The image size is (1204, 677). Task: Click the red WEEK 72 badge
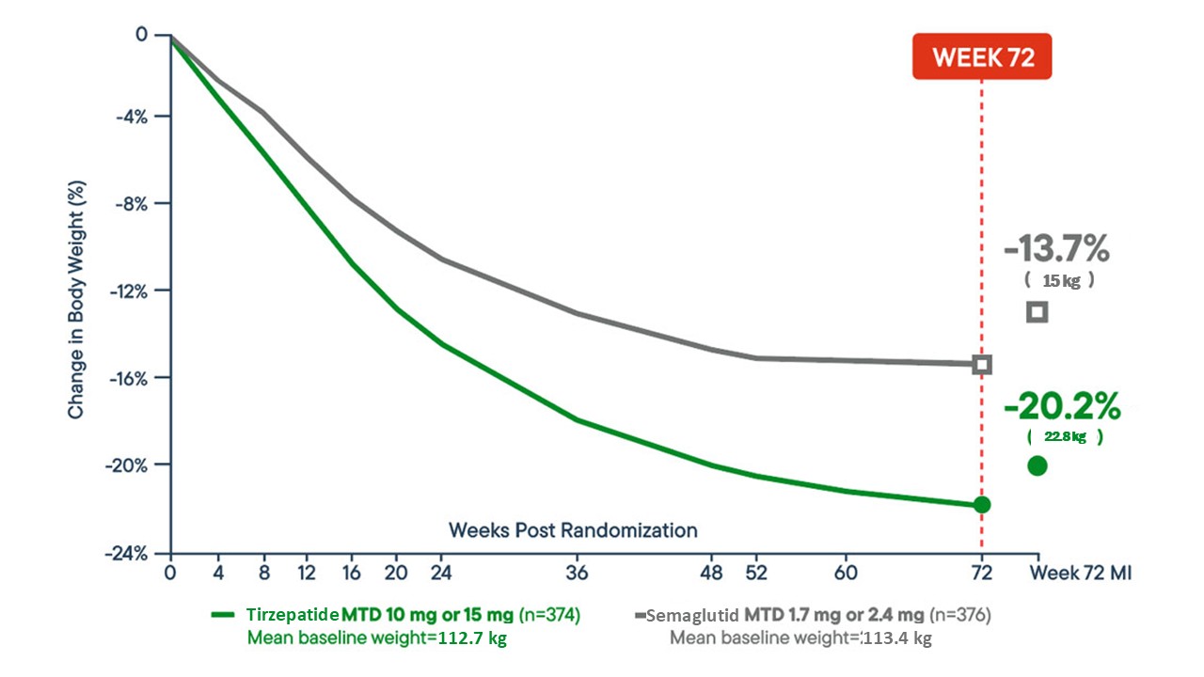(x=982, y=57)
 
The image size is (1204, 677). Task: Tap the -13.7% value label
(x=1056, y=250)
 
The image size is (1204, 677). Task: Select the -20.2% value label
(x=1062, y=407)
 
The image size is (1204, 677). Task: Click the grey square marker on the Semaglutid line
(x=982, y=364)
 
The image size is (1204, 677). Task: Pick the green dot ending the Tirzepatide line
(x=982, y=505)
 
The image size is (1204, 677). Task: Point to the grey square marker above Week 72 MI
(x=1038, y=312)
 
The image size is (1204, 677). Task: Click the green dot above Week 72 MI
(x=1038, y=465)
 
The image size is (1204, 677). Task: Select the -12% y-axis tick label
(x=135, y=291)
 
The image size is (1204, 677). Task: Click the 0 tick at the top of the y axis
(x=142, y=35)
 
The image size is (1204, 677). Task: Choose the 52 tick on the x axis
(x=755, y=573)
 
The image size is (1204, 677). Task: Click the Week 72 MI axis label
(x=1080, y=573)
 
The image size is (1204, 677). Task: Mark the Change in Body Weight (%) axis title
(x=76, y=294)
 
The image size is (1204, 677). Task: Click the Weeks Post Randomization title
(x=573, y=530)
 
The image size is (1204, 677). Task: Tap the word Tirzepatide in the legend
(x=293, y=615)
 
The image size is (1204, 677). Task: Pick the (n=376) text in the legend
(x=960, y=616)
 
